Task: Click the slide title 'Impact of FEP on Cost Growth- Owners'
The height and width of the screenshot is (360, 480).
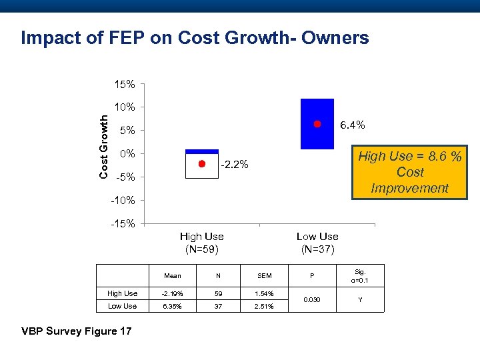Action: click(x=195, y=38)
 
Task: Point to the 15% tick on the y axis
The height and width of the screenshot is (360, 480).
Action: click(x=125, y=85)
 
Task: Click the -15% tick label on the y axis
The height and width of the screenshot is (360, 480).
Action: click(x=123, y=223)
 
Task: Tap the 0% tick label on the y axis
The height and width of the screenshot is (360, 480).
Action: click(x=127, y=153)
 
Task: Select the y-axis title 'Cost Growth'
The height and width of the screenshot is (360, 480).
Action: click(x=104, y=146)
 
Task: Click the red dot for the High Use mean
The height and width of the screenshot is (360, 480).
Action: click(x=201, y=164)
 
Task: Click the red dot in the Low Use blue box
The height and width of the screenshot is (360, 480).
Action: click(x=317, y=124)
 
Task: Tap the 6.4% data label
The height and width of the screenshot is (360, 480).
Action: click(x=353, y=125)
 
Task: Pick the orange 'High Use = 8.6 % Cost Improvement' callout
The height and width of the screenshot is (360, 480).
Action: click(x=409, y=173)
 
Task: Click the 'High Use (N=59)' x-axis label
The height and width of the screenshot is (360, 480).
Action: click(x=202, y=243)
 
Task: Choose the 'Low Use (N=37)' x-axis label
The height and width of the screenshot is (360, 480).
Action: click(x=317, y=243)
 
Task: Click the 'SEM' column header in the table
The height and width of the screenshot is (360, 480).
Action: click(x=264, y=275)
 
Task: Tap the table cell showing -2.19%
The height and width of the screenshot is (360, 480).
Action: click(x=173, y=293)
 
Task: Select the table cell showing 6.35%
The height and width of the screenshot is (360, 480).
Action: click(x=173, y=306)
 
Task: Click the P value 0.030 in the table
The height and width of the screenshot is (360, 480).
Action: click(x=311, y=299)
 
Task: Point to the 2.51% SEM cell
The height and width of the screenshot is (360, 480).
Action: click(x=264, y=306)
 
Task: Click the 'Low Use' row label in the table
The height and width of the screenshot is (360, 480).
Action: click(x=122, y=306)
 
